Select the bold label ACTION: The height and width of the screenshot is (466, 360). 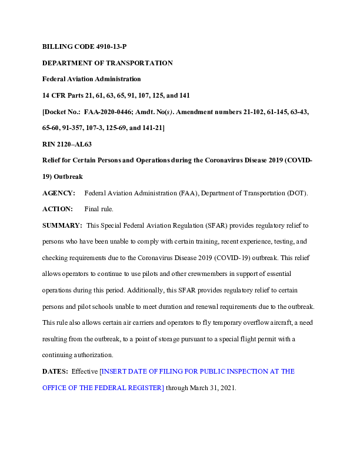[57, 209]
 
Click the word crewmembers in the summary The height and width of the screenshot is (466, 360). [199, 274]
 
